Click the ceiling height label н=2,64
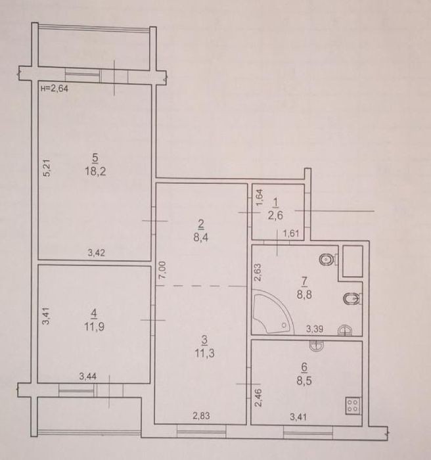pos(55,88)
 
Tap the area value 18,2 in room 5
pos(95,171)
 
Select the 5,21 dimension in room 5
pos(47,168)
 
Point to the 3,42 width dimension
pos(96,252)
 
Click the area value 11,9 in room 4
pos(94,326)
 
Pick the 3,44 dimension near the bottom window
pos(88,376)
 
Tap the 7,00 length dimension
pos(162,270)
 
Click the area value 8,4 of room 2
pos(201,237)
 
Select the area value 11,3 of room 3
pos(204,353)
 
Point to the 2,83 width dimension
pos(201,415)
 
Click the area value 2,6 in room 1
pos(275,216)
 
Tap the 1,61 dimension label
pos(291,233)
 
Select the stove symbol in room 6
pos(353,405)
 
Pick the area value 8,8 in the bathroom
pos(304,294)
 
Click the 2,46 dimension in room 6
pos(260,397)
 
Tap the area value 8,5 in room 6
pos(304,380)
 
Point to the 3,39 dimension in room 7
pos(315,329)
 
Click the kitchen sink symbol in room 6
pos(317,346)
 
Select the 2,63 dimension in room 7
pos(258,273)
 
